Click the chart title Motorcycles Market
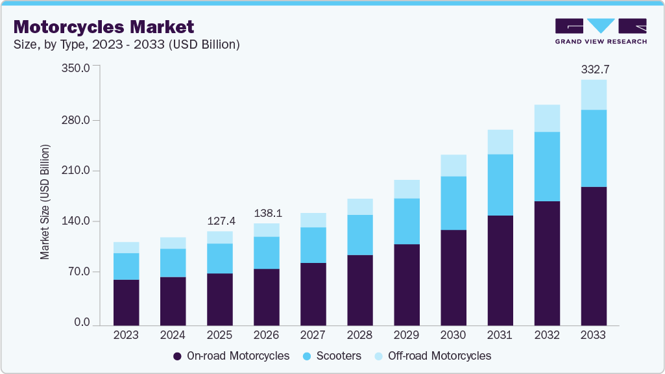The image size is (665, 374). (104, 27)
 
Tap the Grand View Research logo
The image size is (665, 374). (600, 31)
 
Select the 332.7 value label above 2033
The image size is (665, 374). (593, 69)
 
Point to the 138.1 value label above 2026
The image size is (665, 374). (266, 213)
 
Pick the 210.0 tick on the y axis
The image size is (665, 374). (77, 171)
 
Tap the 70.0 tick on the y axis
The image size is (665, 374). (80, 272)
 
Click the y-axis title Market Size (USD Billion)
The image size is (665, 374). (45, 202)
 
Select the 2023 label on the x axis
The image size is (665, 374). (126, 335)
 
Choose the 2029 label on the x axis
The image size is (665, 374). (406, 335)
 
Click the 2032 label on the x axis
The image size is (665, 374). (546, 335)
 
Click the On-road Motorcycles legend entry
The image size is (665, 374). (231, 356)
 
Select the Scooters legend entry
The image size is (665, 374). (332, 356)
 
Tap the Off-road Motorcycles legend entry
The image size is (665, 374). (433, 356)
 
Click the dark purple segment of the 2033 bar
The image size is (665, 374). (593, 256)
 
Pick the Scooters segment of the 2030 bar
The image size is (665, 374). (453, 203)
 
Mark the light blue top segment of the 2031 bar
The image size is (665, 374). (500, 142)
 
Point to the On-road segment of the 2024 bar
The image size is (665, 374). (173, 301)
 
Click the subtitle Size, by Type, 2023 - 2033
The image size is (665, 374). (127, 45)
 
